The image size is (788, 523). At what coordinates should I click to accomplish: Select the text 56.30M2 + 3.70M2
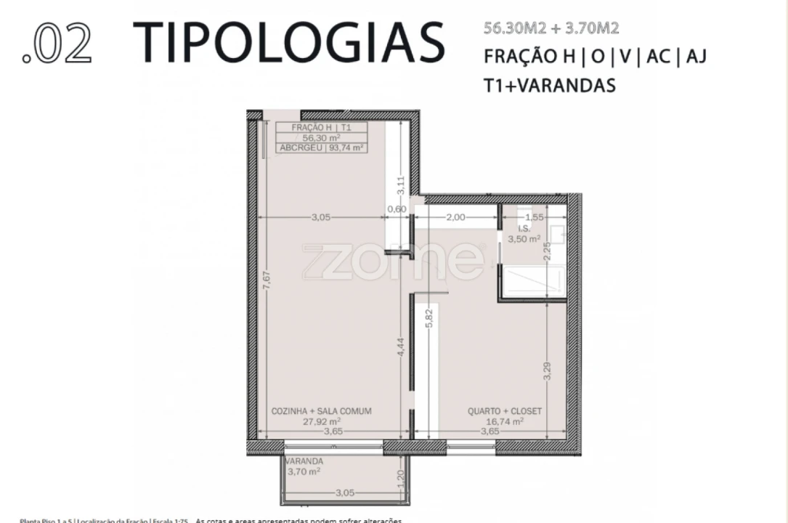[x=551, y=29]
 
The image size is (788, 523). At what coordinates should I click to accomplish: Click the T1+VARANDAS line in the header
[x=550, y=85]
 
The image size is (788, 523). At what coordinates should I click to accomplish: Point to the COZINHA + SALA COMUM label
[x=321, y=411]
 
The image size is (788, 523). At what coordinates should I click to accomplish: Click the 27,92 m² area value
[x=322, y=421]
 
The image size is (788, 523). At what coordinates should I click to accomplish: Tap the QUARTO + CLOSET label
[x=505, y=411]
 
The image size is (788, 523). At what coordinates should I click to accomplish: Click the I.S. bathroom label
[x=524, y=228]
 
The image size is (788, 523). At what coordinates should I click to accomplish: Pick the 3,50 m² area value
[x=524, y=238]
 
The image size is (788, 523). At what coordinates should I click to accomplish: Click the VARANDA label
[x=304, y=461]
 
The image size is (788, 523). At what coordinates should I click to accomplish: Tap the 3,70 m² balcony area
[x=305, y=471]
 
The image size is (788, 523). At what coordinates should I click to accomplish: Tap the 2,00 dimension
[x=455, y=217]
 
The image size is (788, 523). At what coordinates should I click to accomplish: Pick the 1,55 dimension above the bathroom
[x=534, y=217]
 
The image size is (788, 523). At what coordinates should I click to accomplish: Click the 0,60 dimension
[x=397, y=209]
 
